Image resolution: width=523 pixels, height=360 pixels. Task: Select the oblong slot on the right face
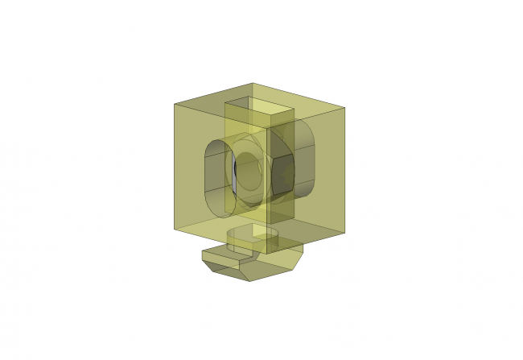pyautogui.click(x=307, y=158)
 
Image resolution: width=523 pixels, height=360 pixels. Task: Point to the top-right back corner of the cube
pyautogui.click(x=346, y=106)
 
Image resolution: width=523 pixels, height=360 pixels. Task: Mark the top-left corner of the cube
pyautogui.click(x=175, y=104)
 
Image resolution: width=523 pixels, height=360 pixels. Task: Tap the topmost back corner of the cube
pyautogui.click(x=253, y=82)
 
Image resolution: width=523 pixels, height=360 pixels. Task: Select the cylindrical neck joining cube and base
pyautogui.click(x=253, y=239)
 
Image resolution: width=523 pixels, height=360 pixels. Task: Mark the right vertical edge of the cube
pyautogui.click(x=346, y=169)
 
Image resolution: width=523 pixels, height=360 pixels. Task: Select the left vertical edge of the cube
pyautogui.click(x=175, y=169)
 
